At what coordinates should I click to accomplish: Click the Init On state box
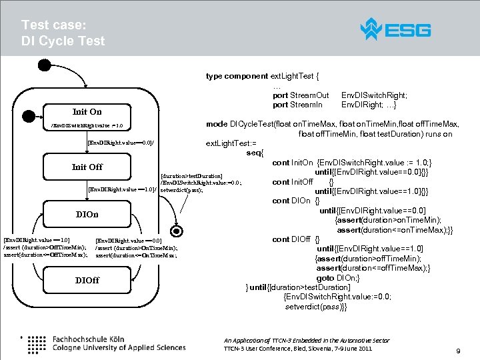point(87,111)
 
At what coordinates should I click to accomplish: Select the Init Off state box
point(87,167)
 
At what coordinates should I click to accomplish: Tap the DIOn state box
point(87,215)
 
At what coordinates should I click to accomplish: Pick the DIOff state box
point(87,280)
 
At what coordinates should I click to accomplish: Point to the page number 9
point(458,351)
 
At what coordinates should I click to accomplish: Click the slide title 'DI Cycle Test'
point(63,41)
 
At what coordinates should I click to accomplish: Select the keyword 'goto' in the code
point(325,277)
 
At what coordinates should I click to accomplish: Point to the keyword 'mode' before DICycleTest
point(217,124)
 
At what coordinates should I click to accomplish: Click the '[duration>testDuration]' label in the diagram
point(191,176)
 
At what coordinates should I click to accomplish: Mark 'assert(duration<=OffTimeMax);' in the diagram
point(45,255)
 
